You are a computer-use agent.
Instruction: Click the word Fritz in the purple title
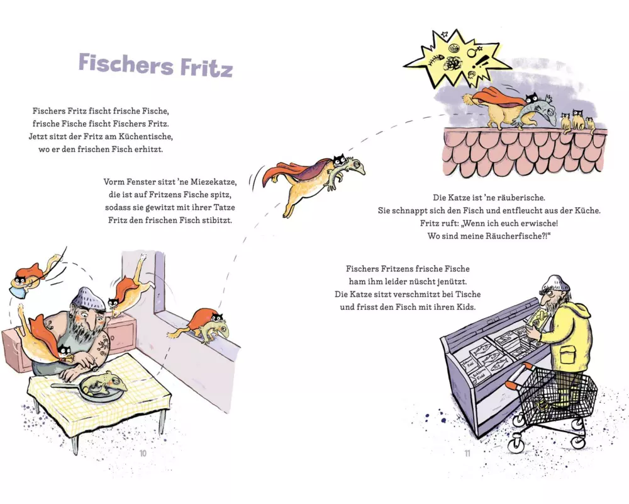click(206, 67)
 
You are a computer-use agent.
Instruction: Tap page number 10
click(143, 454)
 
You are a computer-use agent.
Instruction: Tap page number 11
click(467, 454)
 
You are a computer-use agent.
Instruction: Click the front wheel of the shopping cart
click(515, 444)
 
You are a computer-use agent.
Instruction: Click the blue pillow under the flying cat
click(18, 287)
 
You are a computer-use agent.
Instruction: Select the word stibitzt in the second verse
click(217, 220)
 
